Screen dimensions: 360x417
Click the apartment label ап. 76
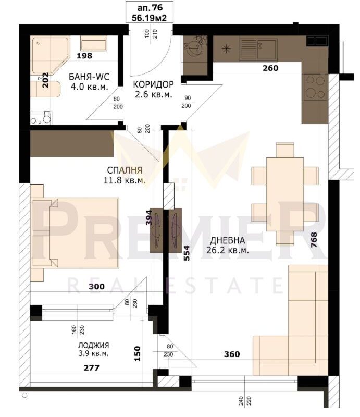(x=150, y=7)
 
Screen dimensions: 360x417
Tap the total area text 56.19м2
(x=150, y=18)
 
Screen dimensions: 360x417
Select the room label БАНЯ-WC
(x=89, y=77)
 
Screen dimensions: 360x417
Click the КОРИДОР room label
(x=153, y=84)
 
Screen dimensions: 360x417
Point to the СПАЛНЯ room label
(x=125, y=170)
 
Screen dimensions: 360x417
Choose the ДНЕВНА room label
(x=228, y=240)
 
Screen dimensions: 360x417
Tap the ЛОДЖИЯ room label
(x=94, y=345)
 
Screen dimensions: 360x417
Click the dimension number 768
(x=314, y=240)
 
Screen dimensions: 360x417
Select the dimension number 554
(x=187, y=253)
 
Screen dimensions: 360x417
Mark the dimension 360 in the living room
(x=232, y=354)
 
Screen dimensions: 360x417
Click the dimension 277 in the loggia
(x=92, y=368)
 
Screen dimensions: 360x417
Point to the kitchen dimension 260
(x=270, y=68)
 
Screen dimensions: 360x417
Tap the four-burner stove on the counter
(x=315, y=87)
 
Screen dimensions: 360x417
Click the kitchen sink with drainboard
(x=259, y=50)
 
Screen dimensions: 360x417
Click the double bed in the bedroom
(x=75, y=232)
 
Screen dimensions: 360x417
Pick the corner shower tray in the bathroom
(x=51, y=55)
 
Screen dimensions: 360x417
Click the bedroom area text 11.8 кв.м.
(x=125, y=180)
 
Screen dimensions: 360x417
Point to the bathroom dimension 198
(x=84, y=56)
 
